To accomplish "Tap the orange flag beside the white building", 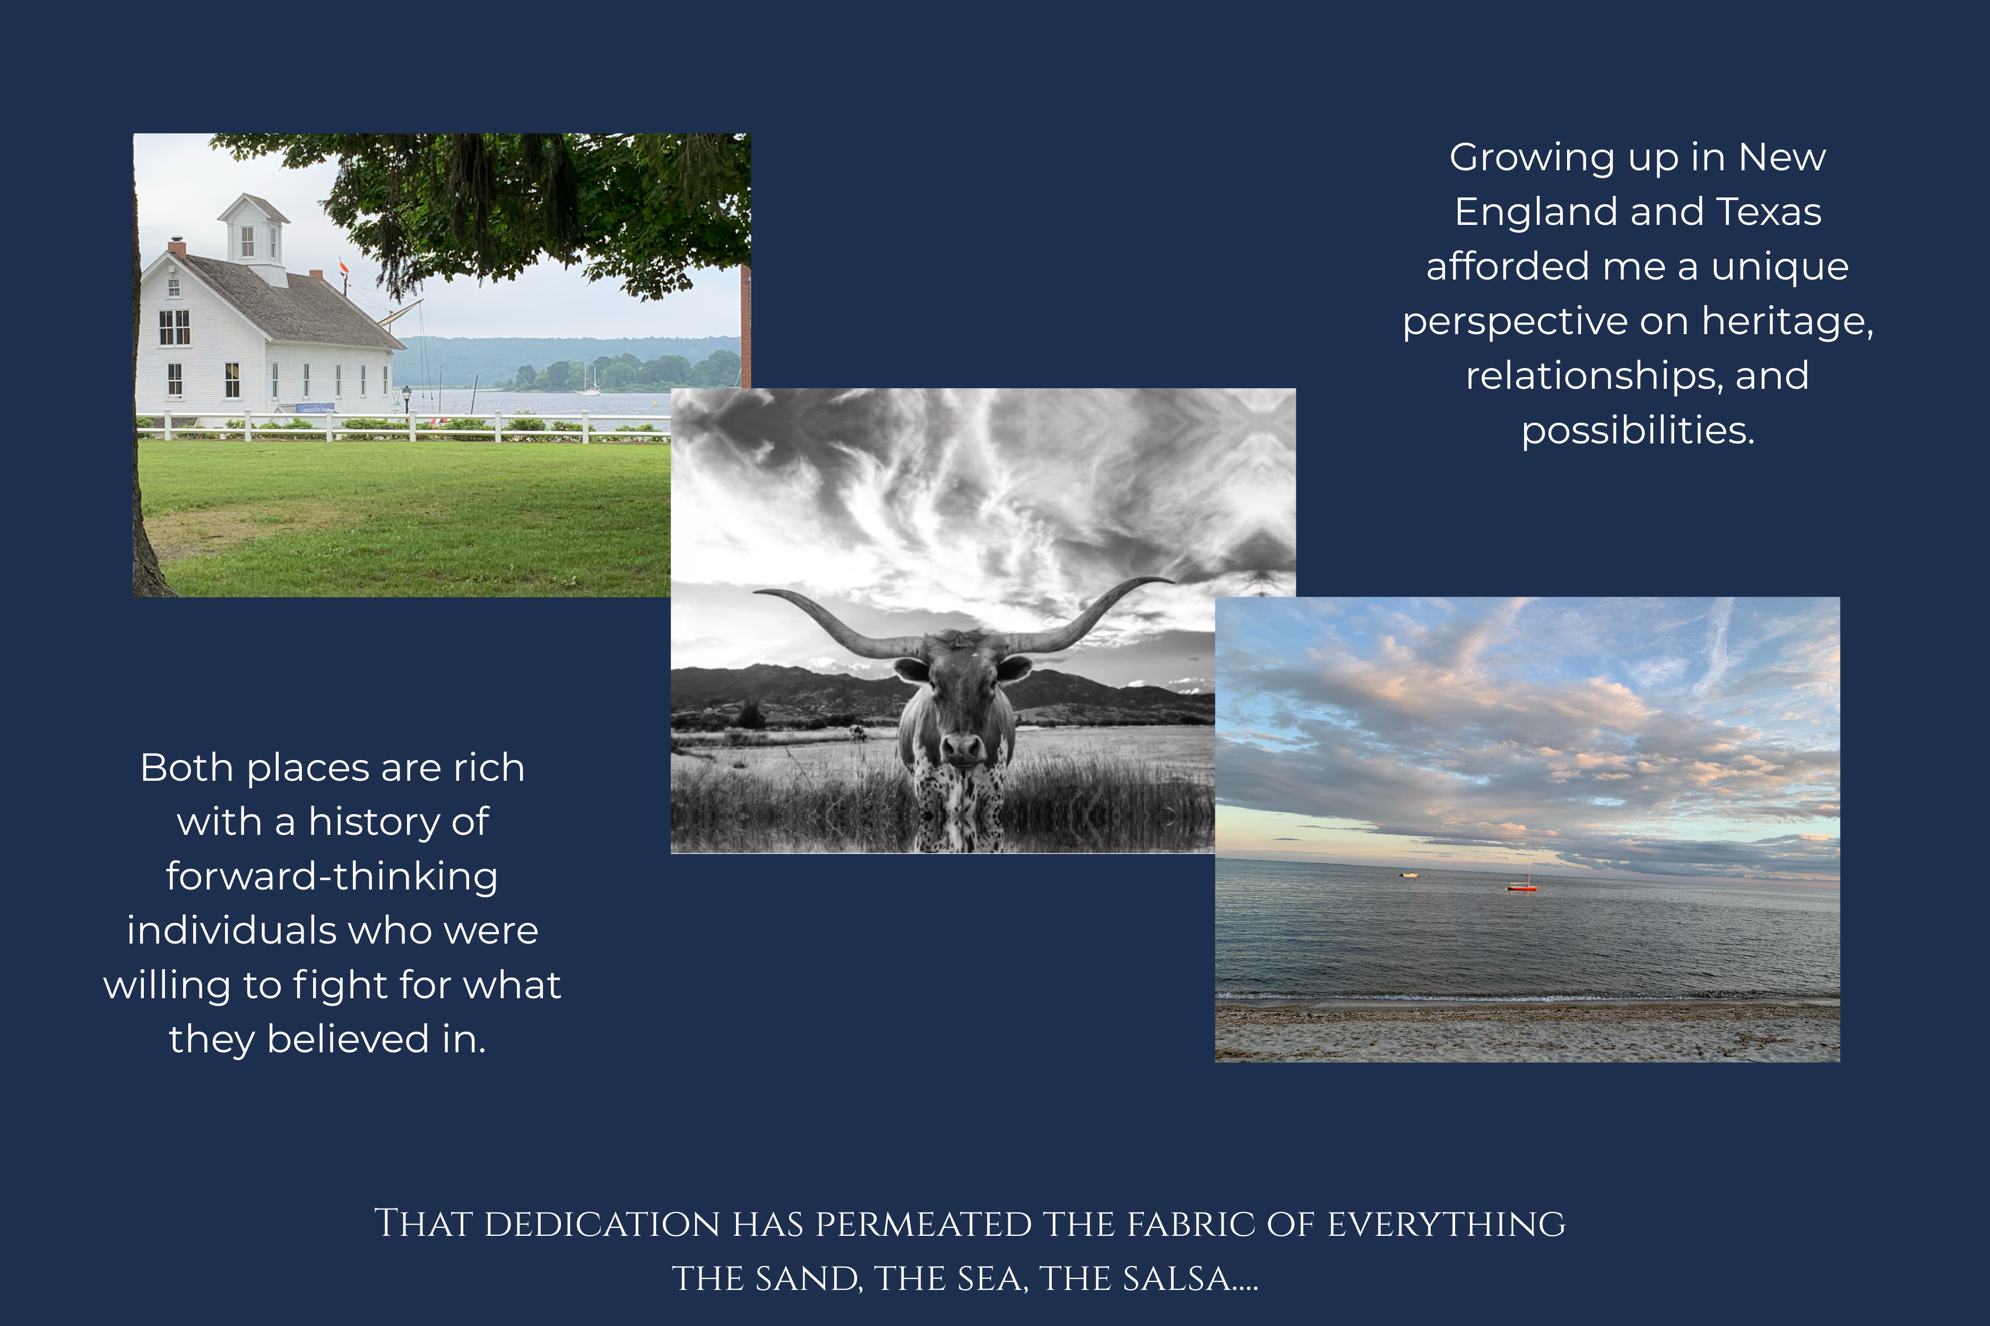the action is pos(343,267).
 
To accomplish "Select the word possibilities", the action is pos(1638,431).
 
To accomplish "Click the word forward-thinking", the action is pos(332,876).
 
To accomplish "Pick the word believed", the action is pos(348,1040).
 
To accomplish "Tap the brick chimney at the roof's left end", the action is pos(177,247).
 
